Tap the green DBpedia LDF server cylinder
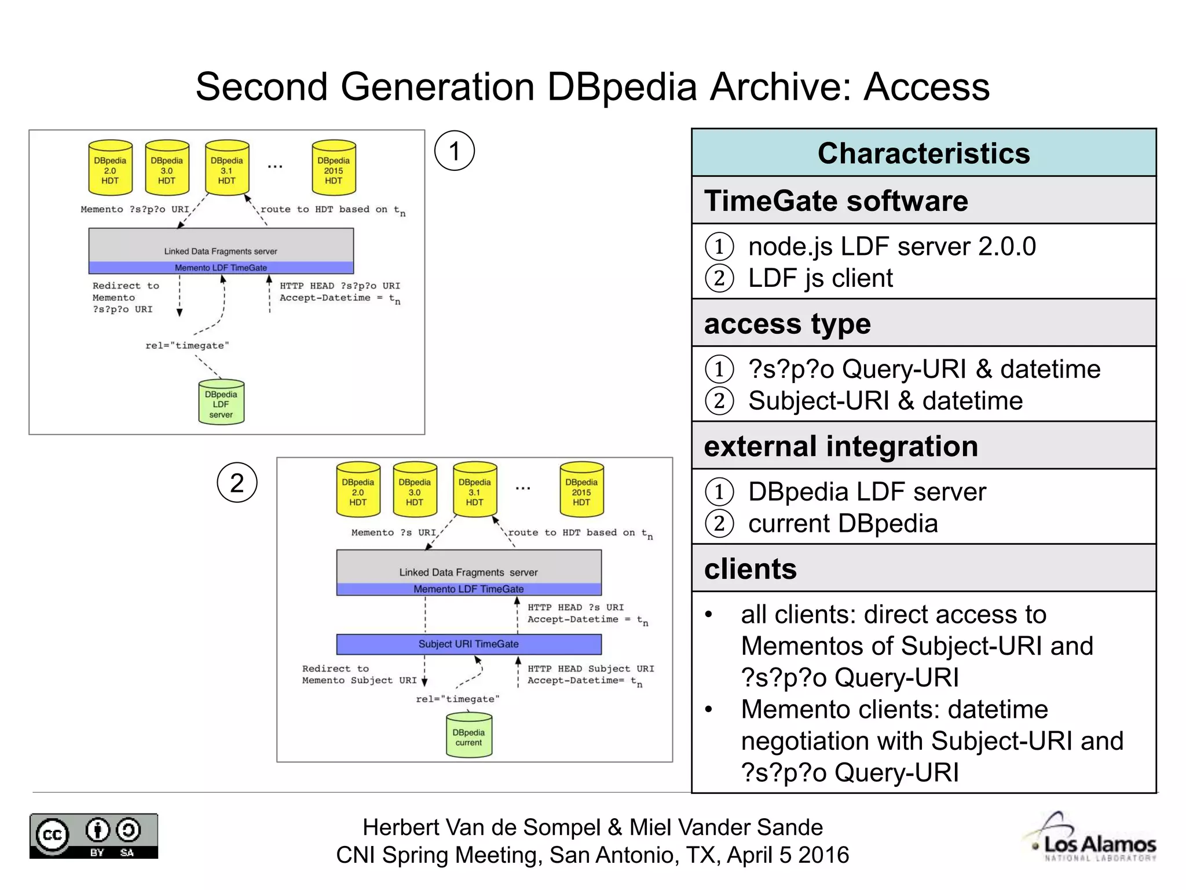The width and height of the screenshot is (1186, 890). click(221, 403)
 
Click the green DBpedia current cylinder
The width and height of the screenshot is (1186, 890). click(468, 736)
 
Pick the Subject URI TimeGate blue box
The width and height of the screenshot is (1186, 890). click(468, 644)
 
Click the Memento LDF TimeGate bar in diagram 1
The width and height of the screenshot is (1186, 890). click(221, 268)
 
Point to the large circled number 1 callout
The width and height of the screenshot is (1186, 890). click(454, 151)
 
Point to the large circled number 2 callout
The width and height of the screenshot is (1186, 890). click(237, 482)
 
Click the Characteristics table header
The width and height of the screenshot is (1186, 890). click(923, 154)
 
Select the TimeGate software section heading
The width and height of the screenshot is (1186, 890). click(836, 201)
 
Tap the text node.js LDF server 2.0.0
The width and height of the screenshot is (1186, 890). click(891, 247)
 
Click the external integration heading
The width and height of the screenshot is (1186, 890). click(840, 446)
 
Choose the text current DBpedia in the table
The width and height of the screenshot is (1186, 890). click(843, 524)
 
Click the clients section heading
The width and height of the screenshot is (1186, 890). click(750, 568)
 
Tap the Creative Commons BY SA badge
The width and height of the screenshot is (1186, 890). click(94, 836)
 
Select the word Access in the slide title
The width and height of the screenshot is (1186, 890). click(926, 87)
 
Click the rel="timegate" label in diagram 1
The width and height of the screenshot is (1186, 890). click(187, 345)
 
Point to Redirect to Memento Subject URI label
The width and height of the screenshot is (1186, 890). click(358, 674)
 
